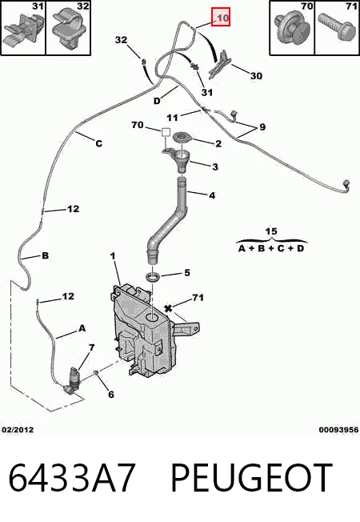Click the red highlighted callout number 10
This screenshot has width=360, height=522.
221,17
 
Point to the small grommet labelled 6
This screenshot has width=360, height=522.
95,371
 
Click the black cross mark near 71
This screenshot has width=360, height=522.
168,308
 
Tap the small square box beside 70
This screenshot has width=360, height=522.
166,132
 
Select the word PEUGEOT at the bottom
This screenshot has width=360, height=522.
251,478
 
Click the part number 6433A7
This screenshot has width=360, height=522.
72,478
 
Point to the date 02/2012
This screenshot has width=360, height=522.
18,430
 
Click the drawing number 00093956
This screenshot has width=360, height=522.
338,430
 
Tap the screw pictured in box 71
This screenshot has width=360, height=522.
335,28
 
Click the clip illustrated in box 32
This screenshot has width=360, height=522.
70,28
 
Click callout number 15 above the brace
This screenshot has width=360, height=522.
271,231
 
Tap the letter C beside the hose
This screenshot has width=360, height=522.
99,143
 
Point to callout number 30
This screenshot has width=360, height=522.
256,76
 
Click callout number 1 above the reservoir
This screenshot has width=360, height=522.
113,256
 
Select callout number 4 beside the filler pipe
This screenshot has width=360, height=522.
212,195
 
